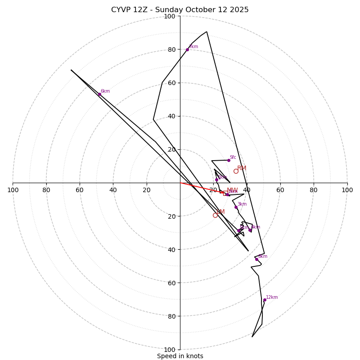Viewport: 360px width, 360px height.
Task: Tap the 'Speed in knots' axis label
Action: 180,356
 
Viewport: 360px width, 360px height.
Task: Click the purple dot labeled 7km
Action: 187,49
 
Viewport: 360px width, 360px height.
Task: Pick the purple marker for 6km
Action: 99,94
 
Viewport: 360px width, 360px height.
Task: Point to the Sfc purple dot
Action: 229,160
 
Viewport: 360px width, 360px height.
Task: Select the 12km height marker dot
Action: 265,300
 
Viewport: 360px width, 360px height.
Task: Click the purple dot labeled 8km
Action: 257,259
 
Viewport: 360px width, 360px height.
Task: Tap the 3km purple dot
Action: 236,207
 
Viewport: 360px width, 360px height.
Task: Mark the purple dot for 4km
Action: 250,230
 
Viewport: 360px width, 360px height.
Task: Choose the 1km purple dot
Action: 216,180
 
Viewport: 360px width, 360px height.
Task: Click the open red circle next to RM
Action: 236,171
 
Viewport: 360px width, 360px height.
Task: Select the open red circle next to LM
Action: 215,215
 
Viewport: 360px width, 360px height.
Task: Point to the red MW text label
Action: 232,190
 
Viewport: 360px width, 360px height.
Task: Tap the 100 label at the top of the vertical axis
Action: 170,16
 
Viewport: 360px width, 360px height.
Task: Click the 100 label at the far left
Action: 13,190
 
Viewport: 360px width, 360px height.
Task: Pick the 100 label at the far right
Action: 347,190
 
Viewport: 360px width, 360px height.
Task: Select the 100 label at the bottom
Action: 170,349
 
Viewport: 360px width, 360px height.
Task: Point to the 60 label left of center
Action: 80,190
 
